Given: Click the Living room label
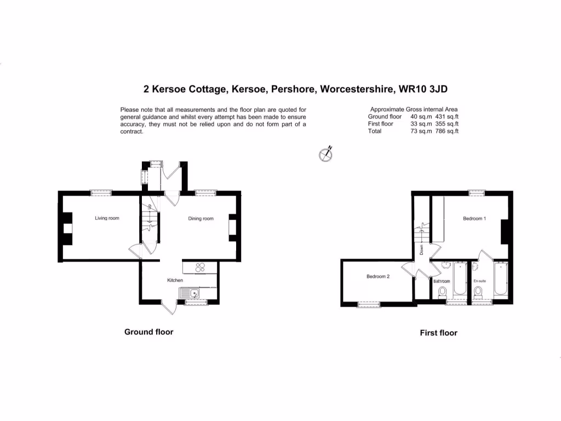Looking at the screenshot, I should tap(107, 218).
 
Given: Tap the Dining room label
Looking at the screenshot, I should tap(201, 219).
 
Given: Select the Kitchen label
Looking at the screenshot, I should tap(175, 281).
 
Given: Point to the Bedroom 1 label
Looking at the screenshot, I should tap(474, 219).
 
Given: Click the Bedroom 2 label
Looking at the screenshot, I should tap(378, 277).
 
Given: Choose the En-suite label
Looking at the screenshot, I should tap(480, 281).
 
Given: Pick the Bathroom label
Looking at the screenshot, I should tap(442, 282).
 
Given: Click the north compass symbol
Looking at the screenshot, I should tap(326, 155).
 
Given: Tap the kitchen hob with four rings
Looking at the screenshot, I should tap(200, 268).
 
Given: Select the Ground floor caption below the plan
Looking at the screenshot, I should tap(149, 332).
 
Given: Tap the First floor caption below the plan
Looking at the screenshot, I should tap(438, 333).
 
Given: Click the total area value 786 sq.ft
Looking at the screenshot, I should tap(446, 131).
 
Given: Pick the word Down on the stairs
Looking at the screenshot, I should tap(422, 250).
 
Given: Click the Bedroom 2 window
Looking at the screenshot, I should tap(369, 304).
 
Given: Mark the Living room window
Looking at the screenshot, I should tap(101, 192).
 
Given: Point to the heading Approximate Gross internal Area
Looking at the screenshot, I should tap(414, 110).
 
